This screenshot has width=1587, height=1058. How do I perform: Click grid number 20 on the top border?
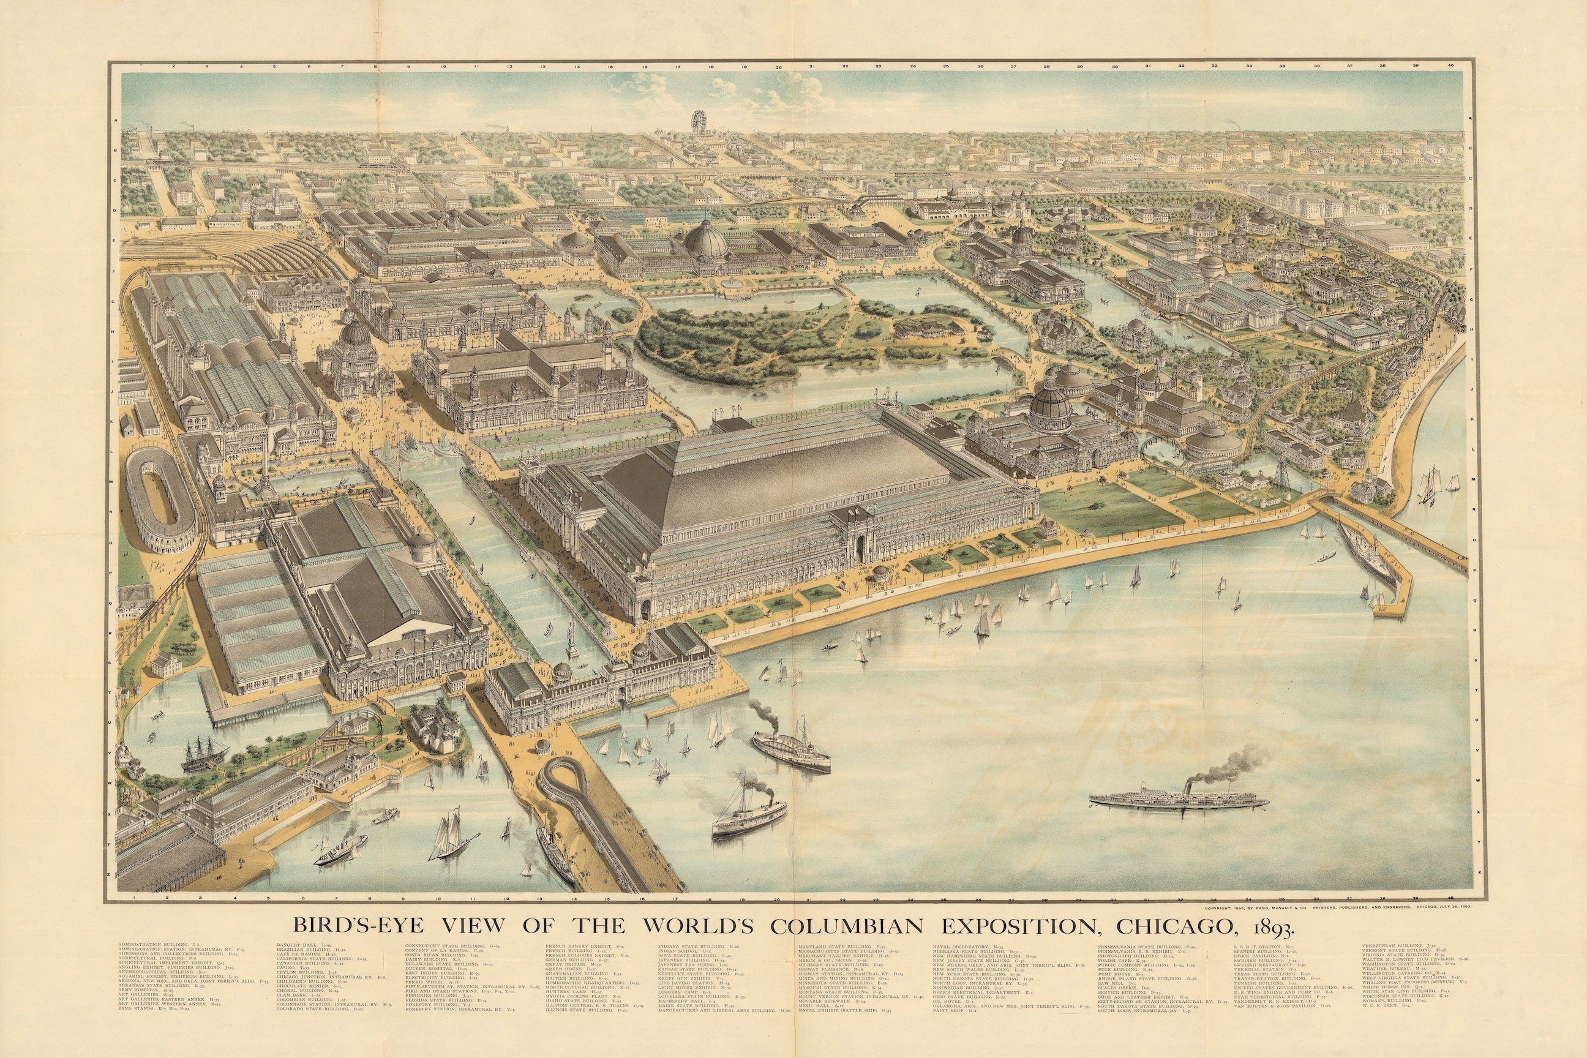779,67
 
